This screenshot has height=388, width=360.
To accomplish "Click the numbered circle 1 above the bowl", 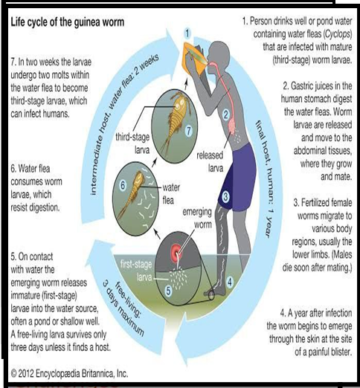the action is click(x=187, y=33).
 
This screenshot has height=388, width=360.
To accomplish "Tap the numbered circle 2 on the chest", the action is click(x=225, y=114).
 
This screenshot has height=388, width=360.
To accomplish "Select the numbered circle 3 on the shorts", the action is click(x=225, y=197).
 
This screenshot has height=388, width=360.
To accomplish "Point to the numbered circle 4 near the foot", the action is click(x=230, y=282).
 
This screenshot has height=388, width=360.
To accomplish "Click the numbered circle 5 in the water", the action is click(x=168, y=291).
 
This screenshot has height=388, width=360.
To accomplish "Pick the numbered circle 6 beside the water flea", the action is click(x=123, y=185).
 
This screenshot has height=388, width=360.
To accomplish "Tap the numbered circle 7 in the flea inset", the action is click(x=189, y=131).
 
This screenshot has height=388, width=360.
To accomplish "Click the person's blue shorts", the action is click(x=237, y=178).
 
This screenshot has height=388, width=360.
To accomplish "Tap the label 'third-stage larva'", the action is click(x=132, y=143).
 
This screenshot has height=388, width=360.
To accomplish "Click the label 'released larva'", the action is click(x=210, y=161).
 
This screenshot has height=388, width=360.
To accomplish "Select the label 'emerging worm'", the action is click(x=197, y=219).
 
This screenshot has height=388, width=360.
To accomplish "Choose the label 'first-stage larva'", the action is click(x=136, y=271).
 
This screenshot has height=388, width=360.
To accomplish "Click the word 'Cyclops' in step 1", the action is click(x=337, y=34).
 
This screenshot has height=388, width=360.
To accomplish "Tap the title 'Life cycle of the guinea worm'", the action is click(x=67, y=22).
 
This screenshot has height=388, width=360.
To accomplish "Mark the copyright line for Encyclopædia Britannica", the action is click(x=69, y=373).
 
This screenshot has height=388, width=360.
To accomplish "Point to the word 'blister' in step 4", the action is click(x=338, y=352).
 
